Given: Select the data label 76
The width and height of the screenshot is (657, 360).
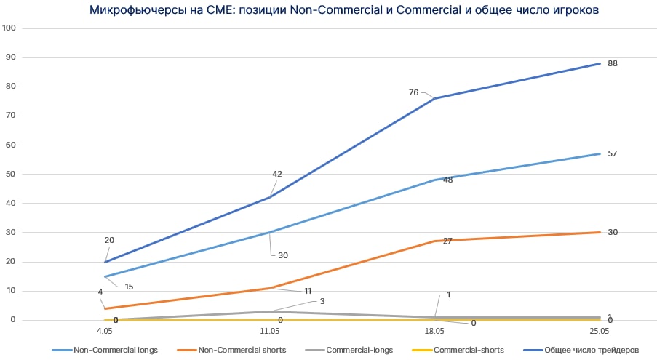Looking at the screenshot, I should point(414,92).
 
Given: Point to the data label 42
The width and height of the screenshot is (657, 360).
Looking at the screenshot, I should point(277,174).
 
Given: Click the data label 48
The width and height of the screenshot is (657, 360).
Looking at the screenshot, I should point(447,180).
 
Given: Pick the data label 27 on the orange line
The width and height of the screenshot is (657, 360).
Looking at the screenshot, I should point(447,240).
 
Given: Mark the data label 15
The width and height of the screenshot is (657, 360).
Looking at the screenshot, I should point(129,286).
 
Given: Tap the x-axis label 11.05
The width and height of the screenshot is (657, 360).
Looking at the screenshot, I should point(270,330).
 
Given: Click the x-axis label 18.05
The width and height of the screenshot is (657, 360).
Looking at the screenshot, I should point(434,330).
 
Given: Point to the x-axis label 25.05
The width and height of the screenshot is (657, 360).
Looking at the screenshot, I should point(600,330).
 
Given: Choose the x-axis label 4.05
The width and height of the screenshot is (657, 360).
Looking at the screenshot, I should point(105,330).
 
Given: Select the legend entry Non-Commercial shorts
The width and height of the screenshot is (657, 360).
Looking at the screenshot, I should point(239,350).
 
